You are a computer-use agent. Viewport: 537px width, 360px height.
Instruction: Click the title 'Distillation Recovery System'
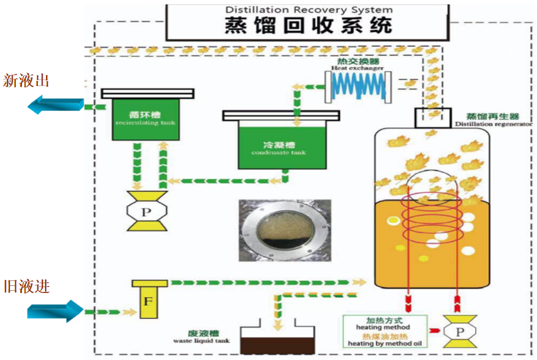click(x=309, y=10)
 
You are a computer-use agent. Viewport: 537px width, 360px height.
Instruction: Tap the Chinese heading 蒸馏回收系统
click(x=308, y=26)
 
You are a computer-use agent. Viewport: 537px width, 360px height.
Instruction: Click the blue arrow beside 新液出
click(x=55, y=104)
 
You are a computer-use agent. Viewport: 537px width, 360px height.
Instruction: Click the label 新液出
click(x=26, y=81)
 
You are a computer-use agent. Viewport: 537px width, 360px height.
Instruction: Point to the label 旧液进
click(x=26, y=286)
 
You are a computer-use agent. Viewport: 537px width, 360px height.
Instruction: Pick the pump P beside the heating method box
click(x=460, y=331)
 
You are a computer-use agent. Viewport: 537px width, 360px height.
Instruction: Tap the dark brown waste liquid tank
click(x=278, y=340)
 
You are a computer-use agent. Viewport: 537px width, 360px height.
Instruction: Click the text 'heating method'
click(x=383, y=327)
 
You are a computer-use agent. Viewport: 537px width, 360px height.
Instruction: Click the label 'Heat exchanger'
click(x=357, y=68)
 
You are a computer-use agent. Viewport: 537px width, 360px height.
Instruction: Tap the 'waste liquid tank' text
click(x=201, y=340)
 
